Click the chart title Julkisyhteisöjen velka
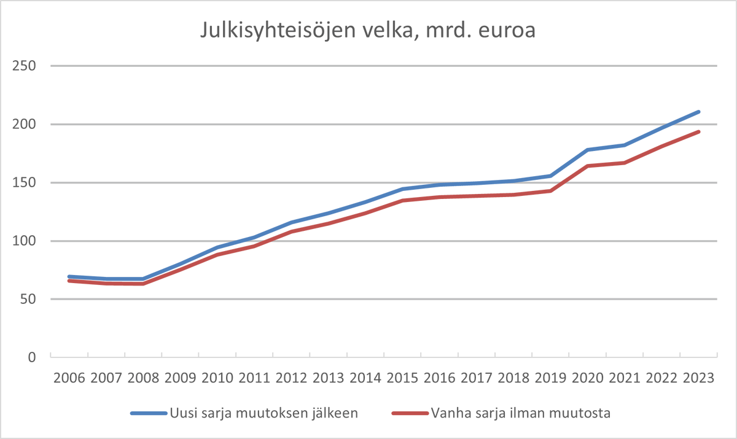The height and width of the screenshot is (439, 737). coord(367,31)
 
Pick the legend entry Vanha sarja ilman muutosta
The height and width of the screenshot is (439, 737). coord(521,413)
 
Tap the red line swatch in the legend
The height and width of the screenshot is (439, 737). coord(410,413)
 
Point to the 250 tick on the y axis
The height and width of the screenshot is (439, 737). coord(24,66)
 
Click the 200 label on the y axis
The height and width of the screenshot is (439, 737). coord(24,124)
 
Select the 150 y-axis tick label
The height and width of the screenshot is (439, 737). coord(24,182)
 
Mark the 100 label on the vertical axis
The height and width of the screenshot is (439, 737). coord(24,241)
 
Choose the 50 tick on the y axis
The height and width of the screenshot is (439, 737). coord(28,299)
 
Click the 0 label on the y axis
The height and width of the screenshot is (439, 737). coord(31,357)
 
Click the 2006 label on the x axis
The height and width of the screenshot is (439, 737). coord(69,378)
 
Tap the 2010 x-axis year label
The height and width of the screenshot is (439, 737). coord(217,378)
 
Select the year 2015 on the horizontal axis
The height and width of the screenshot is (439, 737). coord(402,378)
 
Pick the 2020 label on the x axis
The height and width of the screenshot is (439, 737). coord(588,378)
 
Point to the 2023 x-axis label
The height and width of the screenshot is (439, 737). coord(698,378)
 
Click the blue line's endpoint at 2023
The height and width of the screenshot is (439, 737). coord(698,112)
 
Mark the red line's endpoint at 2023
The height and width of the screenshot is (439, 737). coord(698,131)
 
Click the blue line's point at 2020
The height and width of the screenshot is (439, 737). coord(588,150)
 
